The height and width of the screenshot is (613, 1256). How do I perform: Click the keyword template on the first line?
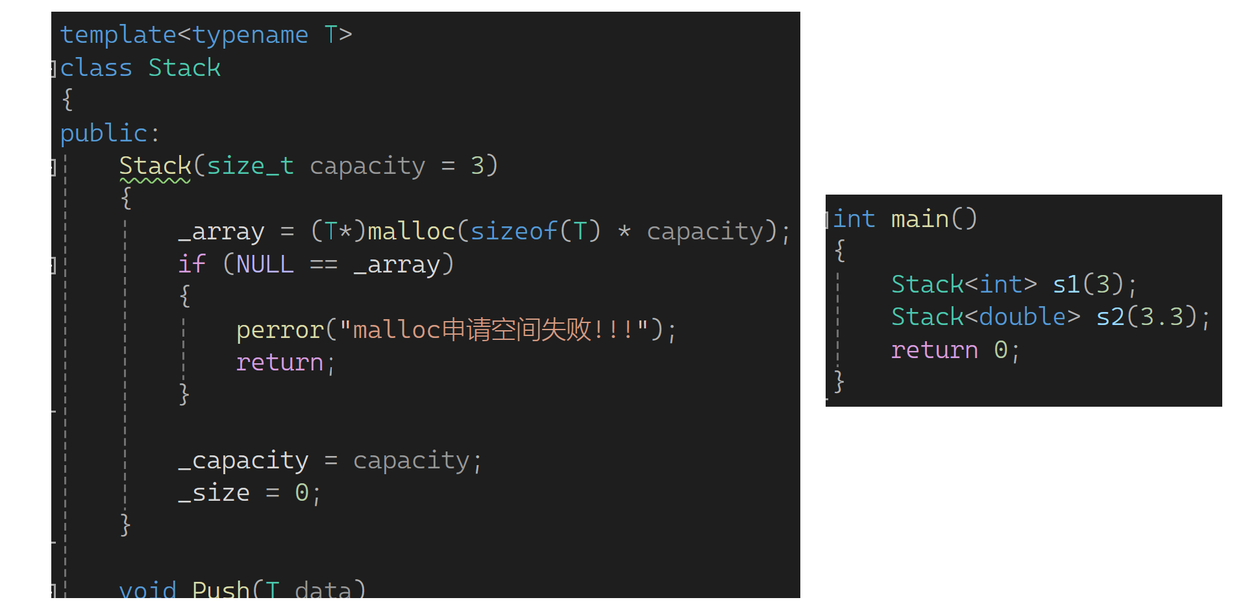point(117,34)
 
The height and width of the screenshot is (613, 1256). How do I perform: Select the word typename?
point(250,34)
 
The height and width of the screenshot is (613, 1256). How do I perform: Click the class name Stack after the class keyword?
point(184,68)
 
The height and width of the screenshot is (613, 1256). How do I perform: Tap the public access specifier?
point(104,133)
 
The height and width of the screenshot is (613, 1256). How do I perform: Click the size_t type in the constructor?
point(250,166)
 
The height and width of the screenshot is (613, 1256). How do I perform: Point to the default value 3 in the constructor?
point(478,166)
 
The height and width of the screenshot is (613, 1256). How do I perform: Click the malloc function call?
point(412,232)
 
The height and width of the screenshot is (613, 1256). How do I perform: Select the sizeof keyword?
point(514,232)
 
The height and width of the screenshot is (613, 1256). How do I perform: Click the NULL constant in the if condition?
point(265,265)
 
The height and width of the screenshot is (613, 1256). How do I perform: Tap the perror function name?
point(280,330)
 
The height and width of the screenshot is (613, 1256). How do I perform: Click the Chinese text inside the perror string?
point(516,330)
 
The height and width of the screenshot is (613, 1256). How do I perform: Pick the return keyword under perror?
point(280,363)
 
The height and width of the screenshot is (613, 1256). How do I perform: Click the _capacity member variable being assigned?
point(244,461)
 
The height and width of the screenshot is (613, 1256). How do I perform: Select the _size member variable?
point(214,493)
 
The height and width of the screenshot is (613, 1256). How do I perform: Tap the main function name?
point(920,219)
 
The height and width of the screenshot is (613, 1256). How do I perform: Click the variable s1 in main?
point(1066,284)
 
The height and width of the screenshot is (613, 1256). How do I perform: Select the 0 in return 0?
point(1000,350)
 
